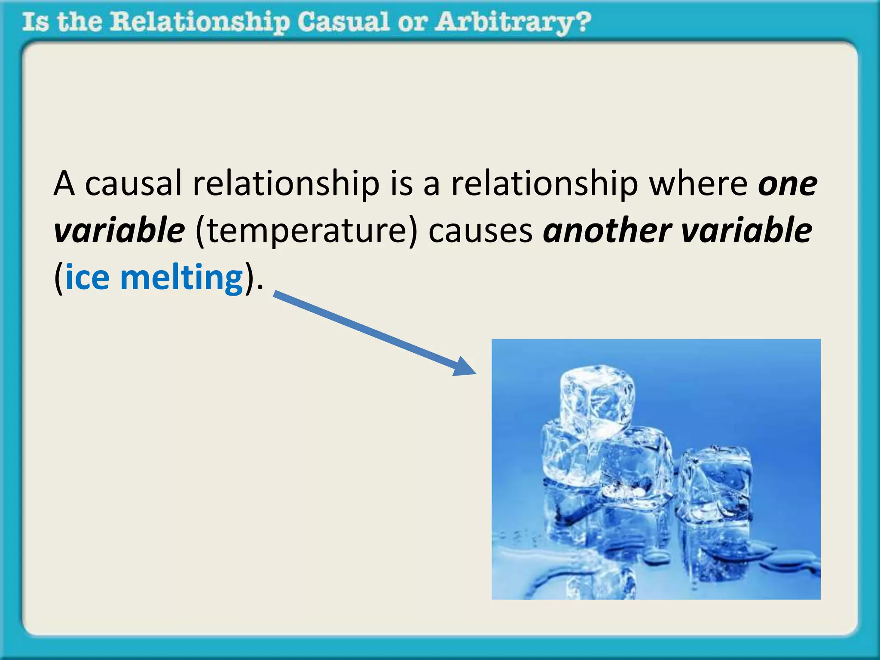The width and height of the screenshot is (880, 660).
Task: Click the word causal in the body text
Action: coord(133,184)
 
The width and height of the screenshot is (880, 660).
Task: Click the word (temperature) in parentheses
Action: coord(306,231)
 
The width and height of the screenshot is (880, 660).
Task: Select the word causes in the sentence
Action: coord(480,231)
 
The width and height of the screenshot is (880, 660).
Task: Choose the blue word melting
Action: coord(182,278)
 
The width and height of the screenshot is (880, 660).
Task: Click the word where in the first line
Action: coord(698,184)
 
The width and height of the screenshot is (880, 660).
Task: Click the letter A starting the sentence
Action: coord(64,184)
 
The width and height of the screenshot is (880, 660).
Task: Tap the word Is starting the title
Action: coord(34,22)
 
